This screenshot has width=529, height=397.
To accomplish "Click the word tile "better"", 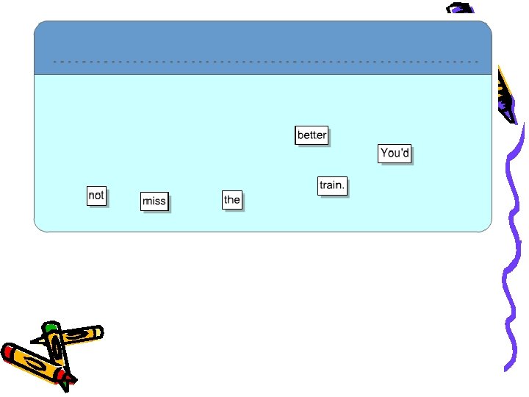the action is click(312, 135).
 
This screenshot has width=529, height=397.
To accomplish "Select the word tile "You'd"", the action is click(395, 153).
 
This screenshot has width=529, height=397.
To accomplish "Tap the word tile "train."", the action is click(332, 185).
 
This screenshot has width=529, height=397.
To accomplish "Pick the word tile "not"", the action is click(96, 196).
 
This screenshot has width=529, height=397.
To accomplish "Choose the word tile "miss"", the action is click(154, 201).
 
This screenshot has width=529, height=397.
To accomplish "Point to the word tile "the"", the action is click(232, 199).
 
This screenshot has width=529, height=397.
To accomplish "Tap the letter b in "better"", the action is click(301, 135).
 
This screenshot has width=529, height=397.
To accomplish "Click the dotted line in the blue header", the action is click(264, 62).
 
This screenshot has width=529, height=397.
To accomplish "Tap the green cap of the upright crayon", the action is click(50, 326).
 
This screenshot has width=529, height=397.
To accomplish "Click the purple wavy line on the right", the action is click(511, 257).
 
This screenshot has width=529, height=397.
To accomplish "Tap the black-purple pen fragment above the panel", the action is click(460, 8).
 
